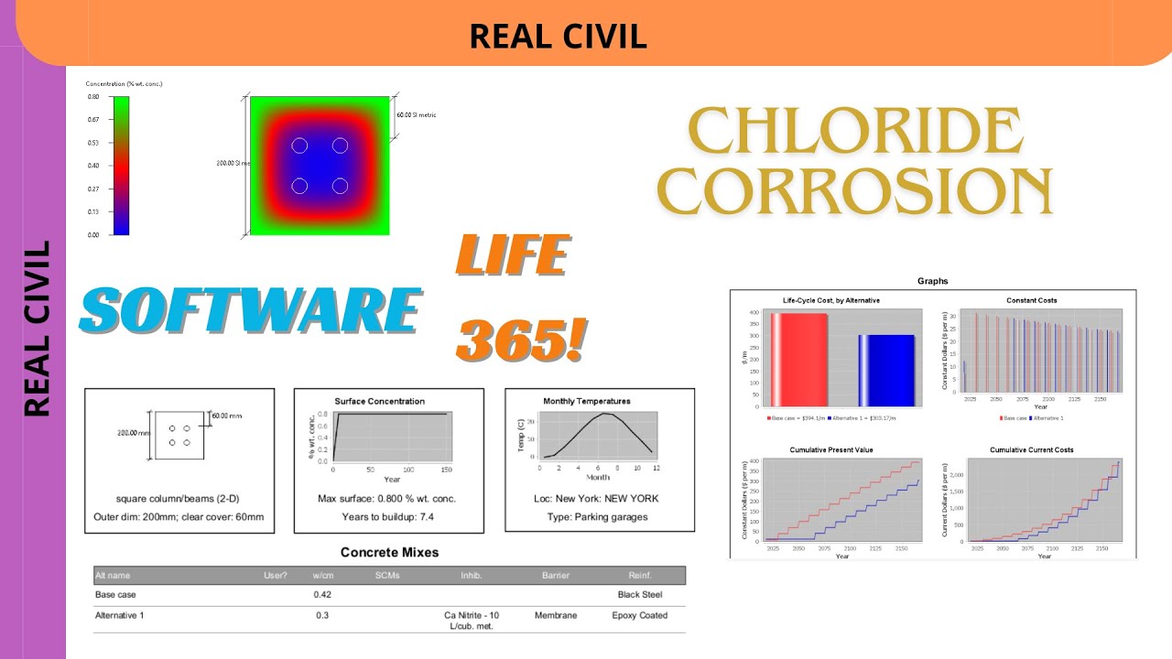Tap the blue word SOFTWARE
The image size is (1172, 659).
[x=250, y=309]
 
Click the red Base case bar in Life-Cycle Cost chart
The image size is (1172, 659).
[x=798, y=359]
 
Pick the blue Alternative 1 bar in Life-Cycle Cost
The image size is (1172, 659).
[x=886, y=370]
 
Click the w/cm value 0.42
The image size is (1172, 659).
[x=322, y=595]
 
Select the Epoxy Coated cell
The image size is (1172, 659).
[x=639, y=616]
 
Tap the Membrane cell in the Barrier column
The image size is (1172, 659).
[x=556, y=616]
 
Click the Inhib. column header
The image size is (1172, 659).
[x=472, y=576]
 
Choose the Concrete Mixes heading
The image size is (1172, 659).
[x=389, y=552]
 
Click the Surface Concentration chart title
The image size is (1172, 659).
[x=379, y=401]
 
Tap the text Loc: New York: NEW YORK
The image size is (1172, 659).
[x=596, y=499]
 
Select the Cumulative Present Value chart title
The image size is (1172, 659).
[x=830, y=449]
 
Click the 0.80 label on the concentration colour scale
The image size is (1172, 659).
[x=93, y=96]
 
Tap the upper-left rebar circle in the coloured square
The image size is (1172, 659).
[x=299, y=146]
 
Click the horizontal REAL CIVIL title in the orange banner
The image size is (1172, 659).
[x=558, y=36]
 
